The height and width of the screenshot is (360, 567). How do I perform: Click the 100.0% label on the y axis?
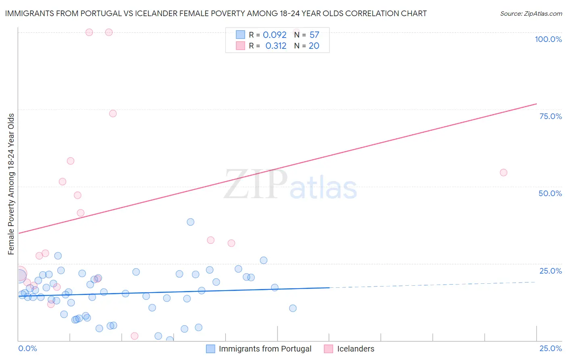coord(548,39)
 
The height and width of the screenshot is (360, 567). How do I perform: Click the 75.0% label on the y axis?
coord(550,116)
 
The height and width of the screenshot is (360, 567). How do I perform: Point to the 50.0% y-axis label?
coord(550,193)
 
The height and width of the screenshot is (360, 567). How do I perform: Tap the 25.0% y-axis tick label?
coord(550,271)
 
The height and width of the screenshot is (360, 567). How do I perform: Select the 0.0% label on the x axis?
coord(27,348)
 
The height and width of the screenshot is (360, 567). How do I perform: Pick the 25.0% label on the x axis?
coord(550,348)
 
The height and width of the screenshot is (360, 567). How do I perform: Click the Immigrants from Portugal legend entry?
coord(265,349)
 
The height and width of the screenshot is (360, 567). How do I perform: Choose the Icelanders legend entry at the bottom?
coord(355,349)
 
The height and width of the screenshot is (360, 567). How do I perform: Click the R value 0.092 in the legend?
coord(275,35)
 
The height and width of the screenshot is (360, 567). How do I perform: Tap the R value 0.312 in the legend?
coord(276,46)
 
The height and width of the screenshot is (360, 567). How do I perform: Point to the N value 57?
coord(314,35)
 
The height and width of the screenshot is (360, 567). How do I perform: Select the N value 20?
coord(314,46)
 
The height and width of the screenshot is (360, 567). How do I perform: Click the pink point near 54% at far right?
coord(503,172)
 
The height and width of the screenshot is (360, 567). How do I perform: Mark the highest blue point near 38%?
coord(190,222)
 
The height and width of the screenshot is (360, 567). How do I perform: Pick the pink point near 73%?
coord(113,113)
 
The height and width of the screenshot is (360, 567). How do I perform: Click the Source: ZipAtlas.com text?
coord(531,14)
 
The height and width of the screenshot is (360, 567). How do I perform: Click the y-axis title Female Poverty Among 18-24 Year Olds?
coord(11,184)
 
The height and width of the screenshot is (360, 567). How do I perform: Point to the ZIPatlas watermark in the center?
coord(290,184)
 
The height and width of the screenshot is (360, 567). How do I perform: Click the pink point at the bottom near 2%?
coord(135,336)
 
